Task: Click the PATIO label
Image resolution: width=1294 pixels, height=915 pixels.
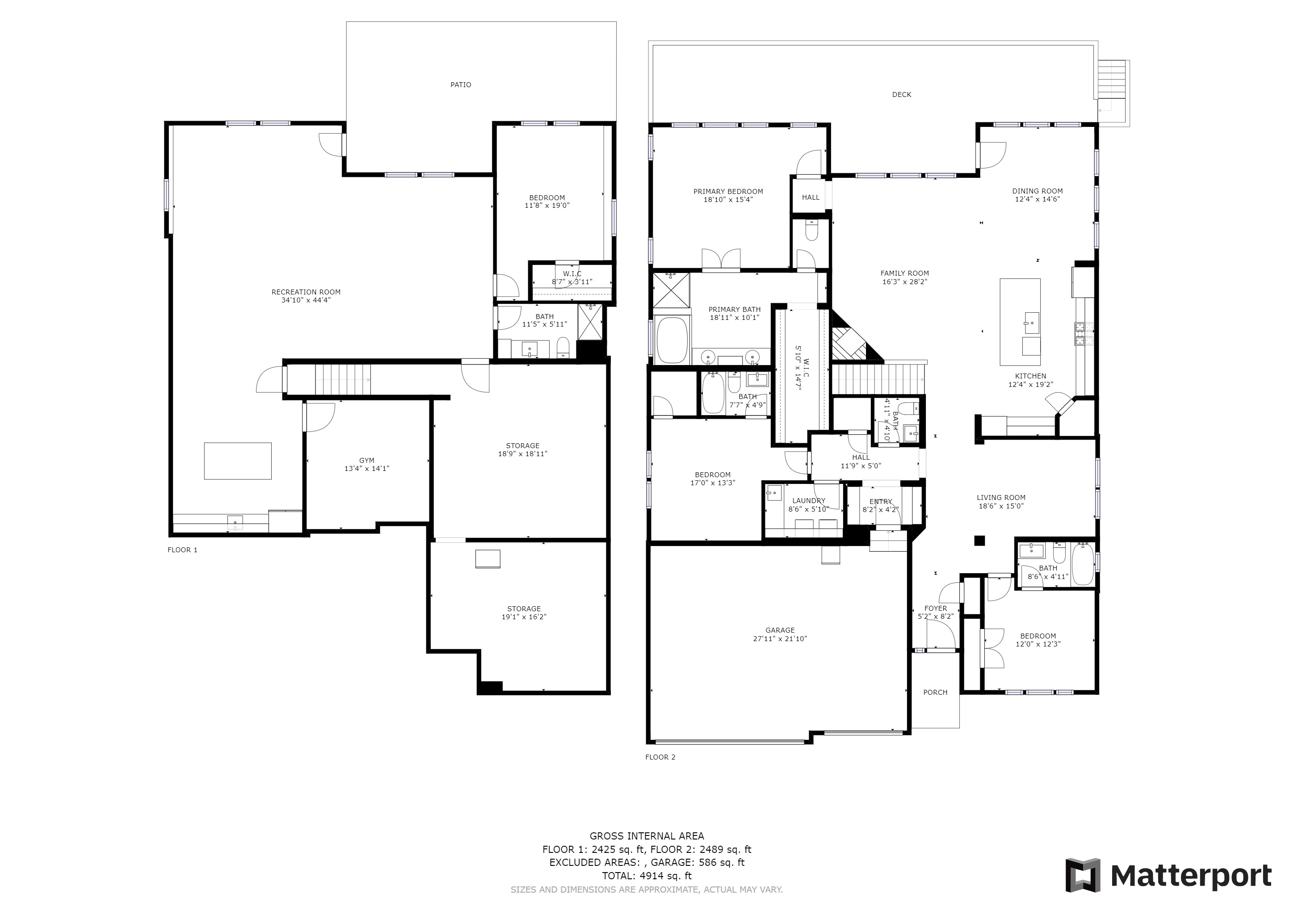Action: tap(461, 85)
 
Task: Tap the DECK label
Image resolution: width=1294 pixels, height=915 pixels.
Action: tap(902, 95)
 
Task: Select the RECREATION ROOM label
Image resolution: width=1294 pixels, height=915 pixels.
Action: tap(306, 292)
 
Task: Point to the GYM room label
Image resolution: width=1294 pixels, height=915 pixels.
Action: tap(366, 460)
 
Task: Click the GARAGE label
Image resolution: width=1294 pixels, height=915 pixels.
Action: tap(780, 630)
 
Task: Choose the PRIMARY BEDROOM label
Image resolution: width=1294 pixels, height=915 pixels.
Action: tap(728, 192)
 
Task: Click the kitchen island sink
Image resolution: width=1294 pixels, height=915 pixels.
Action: tap(1031, 323)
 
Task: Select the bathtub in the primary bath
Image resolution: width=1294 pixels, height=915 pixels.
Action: tap(673, 341)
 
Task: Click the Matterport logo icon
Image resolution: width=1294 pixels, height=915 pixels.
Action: tap(1083, 875)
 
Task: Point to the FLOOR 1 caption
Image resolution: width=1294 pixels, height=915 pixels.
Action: tap(183, 550)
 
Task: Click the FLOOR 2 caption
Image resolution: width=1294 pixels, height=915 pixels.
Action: tap(660, 757)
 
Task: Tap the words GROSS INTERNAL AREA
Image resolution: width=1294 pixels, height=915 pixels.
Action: tap(647, 836)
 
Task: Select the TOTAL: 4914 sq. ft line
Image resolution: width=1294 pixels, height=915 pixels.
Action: tap(647, 876)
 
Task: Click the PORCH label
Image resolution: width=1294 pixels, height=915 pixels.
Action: tap(935, 693)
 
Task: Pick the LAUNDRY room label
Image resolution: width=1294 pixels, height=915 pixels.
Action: tap(809, 501)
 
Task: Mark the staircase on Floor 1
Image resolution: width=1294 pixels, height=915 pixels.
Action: tap(343, 380)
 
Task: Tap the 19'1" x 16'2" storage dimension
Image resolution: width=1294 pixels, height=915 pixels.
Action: tap(524, 617)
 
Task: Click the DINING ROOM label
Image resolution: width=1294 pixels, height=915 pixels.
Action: tap(1037, 191)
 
